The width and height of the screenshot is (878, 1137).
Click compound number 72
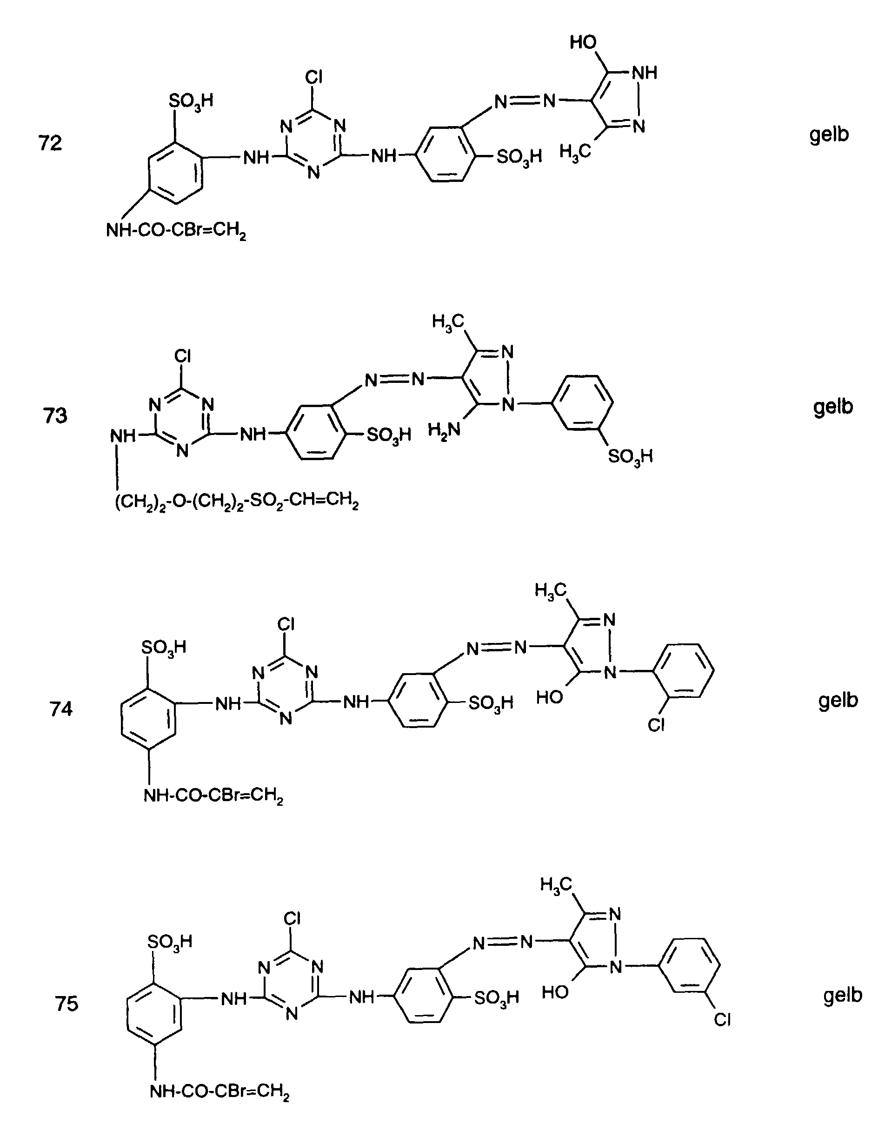(51, 143)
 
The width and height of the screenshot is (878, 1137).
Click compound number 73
(55, 416)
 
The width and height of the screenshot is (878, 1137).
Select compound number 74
(61, 709)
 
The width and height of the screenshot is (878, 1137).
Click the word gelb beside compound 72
(829, 135)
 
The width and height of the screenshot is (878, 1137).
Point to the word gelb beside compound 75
(843, 995)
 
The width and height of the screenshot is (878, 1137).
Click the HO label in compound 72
(583, 42)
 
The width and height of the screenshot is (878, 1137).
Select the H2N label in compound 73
(444, 430)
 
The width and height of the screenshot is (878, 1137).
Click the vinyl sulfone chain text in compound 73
(237, 502)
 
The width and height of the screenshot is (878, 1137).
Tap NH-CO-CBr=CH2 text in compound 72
(176, 230)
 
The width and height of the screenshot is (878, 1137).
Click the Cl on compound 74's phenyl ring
(656, 725)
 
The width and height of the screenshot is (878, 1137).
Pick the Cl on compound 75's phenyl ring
(722, 1020)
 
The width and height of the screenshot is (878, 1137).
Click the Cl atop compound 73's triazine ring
(183, 356)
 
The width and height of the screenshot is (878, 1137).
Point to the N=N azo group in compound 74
(497, 648)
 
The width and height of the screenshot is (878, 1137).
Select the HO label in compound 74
(550, 697)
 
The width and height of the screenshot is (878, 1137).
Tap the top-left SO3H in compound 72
(191, 100)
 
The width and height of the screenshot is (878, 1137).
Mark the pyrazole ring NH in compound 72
(645, 73)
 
